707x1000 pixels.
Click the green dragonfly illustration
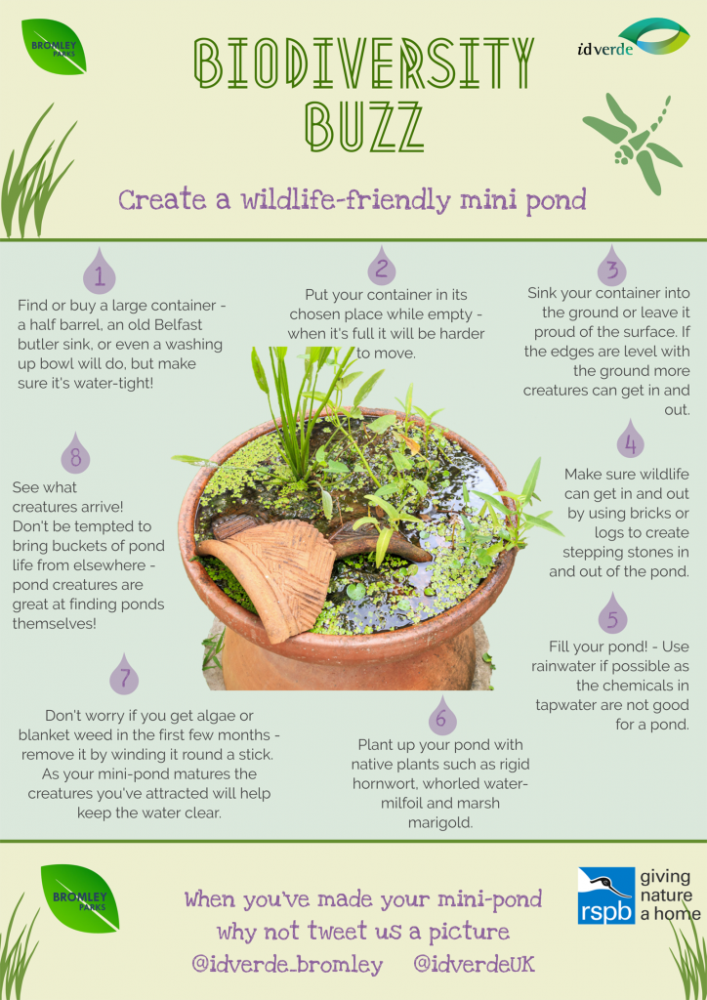[633, 142]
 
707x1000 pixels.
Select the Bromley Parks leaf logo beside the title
[54, 47]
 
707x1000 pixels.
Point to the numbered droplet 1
[100, 272]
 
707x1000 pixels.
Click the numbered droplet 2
[381, 267]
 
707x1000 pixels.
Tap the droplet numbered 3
[612, 267]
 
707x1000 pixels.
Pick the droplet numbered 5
[612, 613]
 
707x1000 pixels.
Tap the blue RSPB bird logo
[606, 896]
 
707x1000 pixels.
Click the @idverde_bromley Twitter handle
[287, 964]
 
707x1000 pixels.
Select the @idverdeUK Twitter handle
[474, 964]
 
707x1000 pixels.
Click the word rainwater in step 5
[564, 666]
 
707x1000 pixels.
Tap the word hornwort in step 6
[381, 783]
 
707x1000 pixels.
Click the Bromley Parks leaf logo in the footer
[80, 898]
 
